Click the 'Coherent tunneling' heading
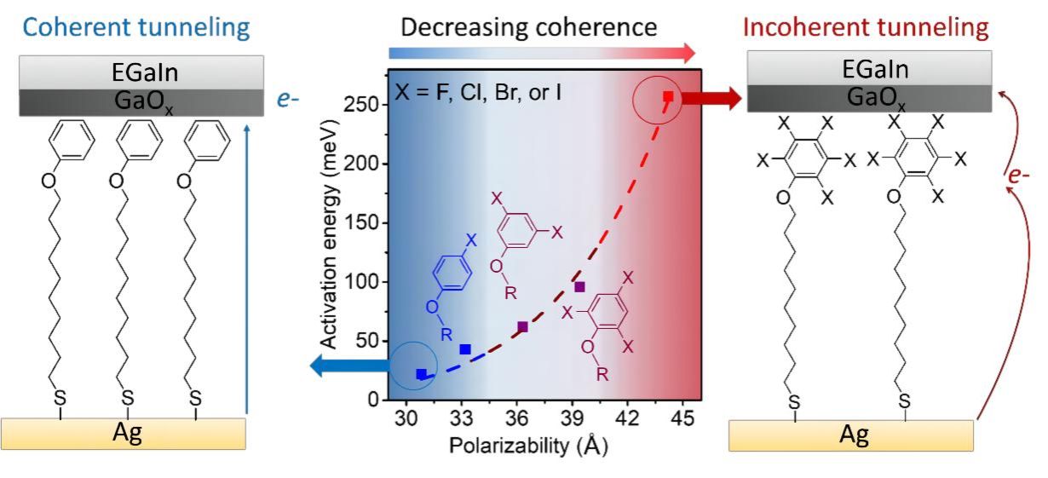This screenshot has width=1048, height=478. click(x=136, y=27)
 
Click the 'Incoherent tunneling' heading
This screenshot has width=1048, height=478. click(x=866, y=27)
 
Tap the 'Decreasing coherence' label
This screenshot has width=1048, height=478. click(x=529, y=27)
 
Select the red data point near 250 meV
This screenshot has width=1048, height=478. click(x=669, y=97)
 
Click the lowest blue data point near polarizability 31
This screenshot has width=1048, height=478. click(x=421, y=374)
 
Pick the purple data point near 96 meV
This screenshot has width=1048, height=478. click(x=579, y=287)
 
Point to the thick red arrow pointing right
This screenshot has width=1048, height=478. click(x=711, y=99)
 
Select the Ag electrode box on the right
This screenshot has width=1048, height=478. click(x=851, y=435)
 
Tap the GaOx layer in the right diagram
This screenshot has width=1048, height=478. click(x=869, y=98)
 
